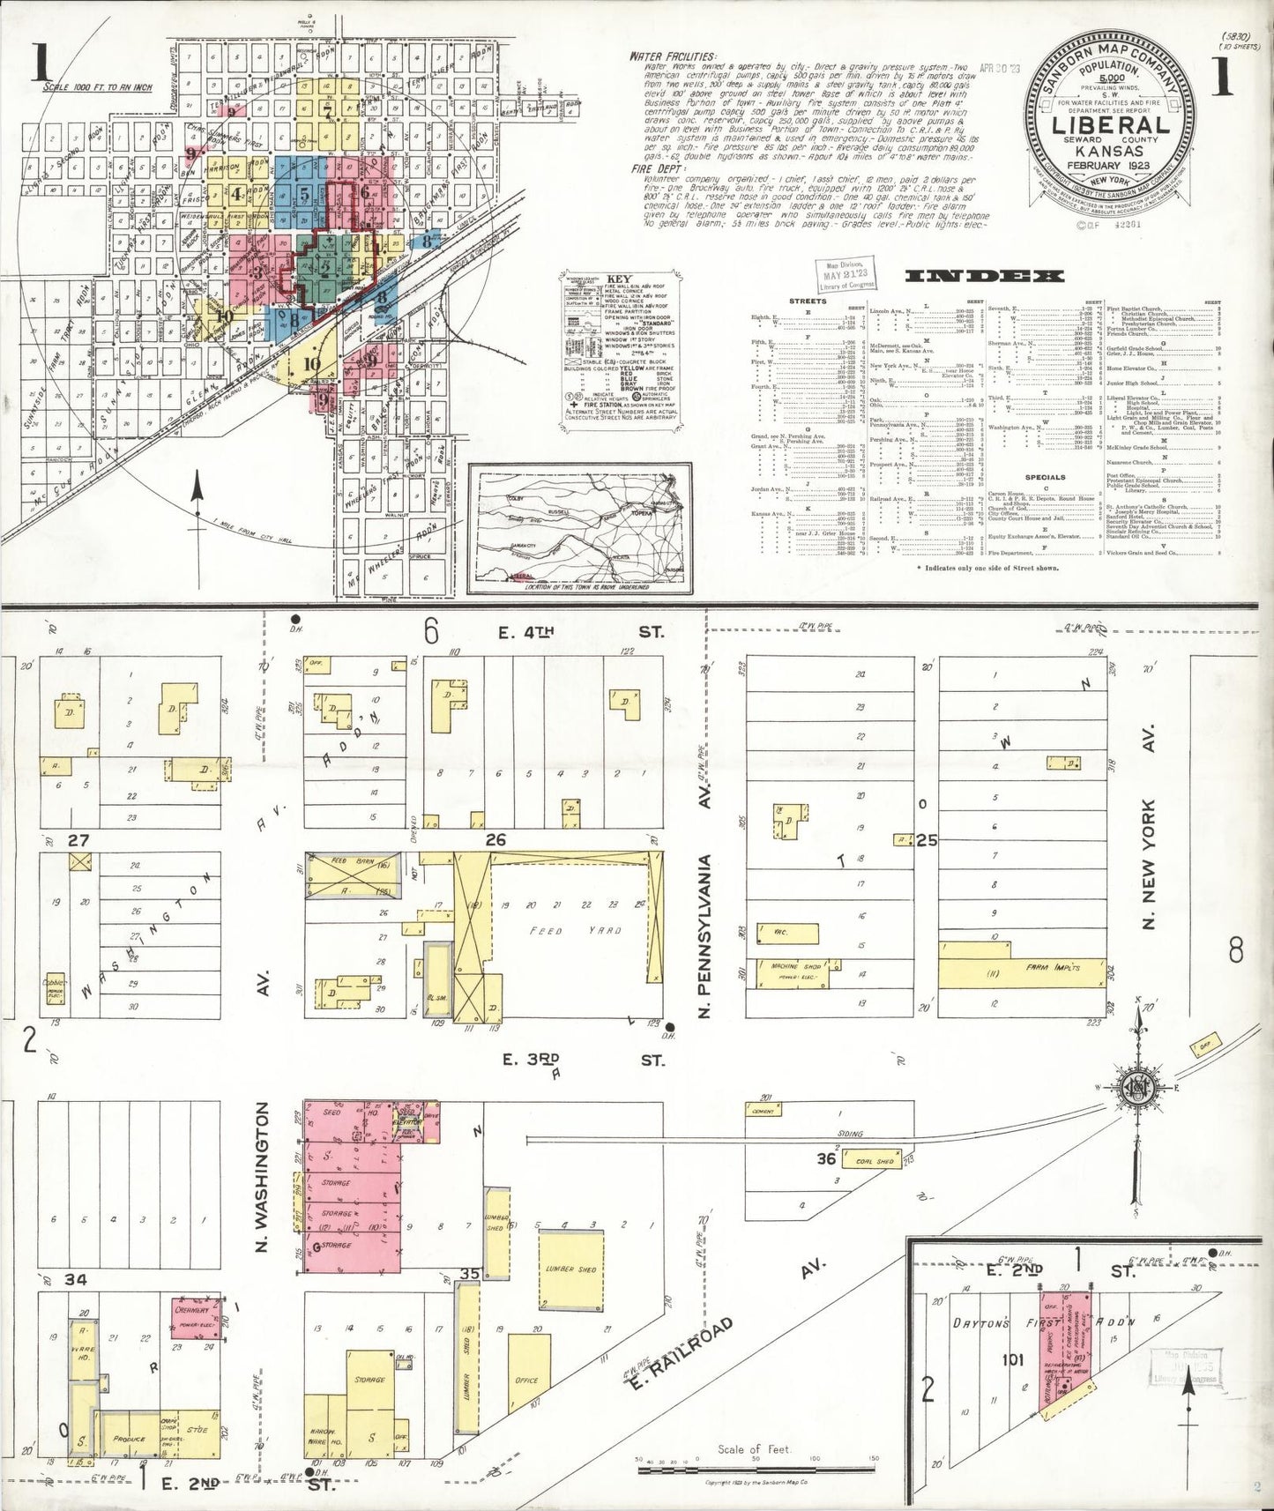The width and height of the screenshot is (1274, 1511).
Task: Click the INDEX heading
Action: coord(982,276)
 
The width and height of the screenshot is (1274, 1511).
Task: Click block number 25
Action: coord(926,841)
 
